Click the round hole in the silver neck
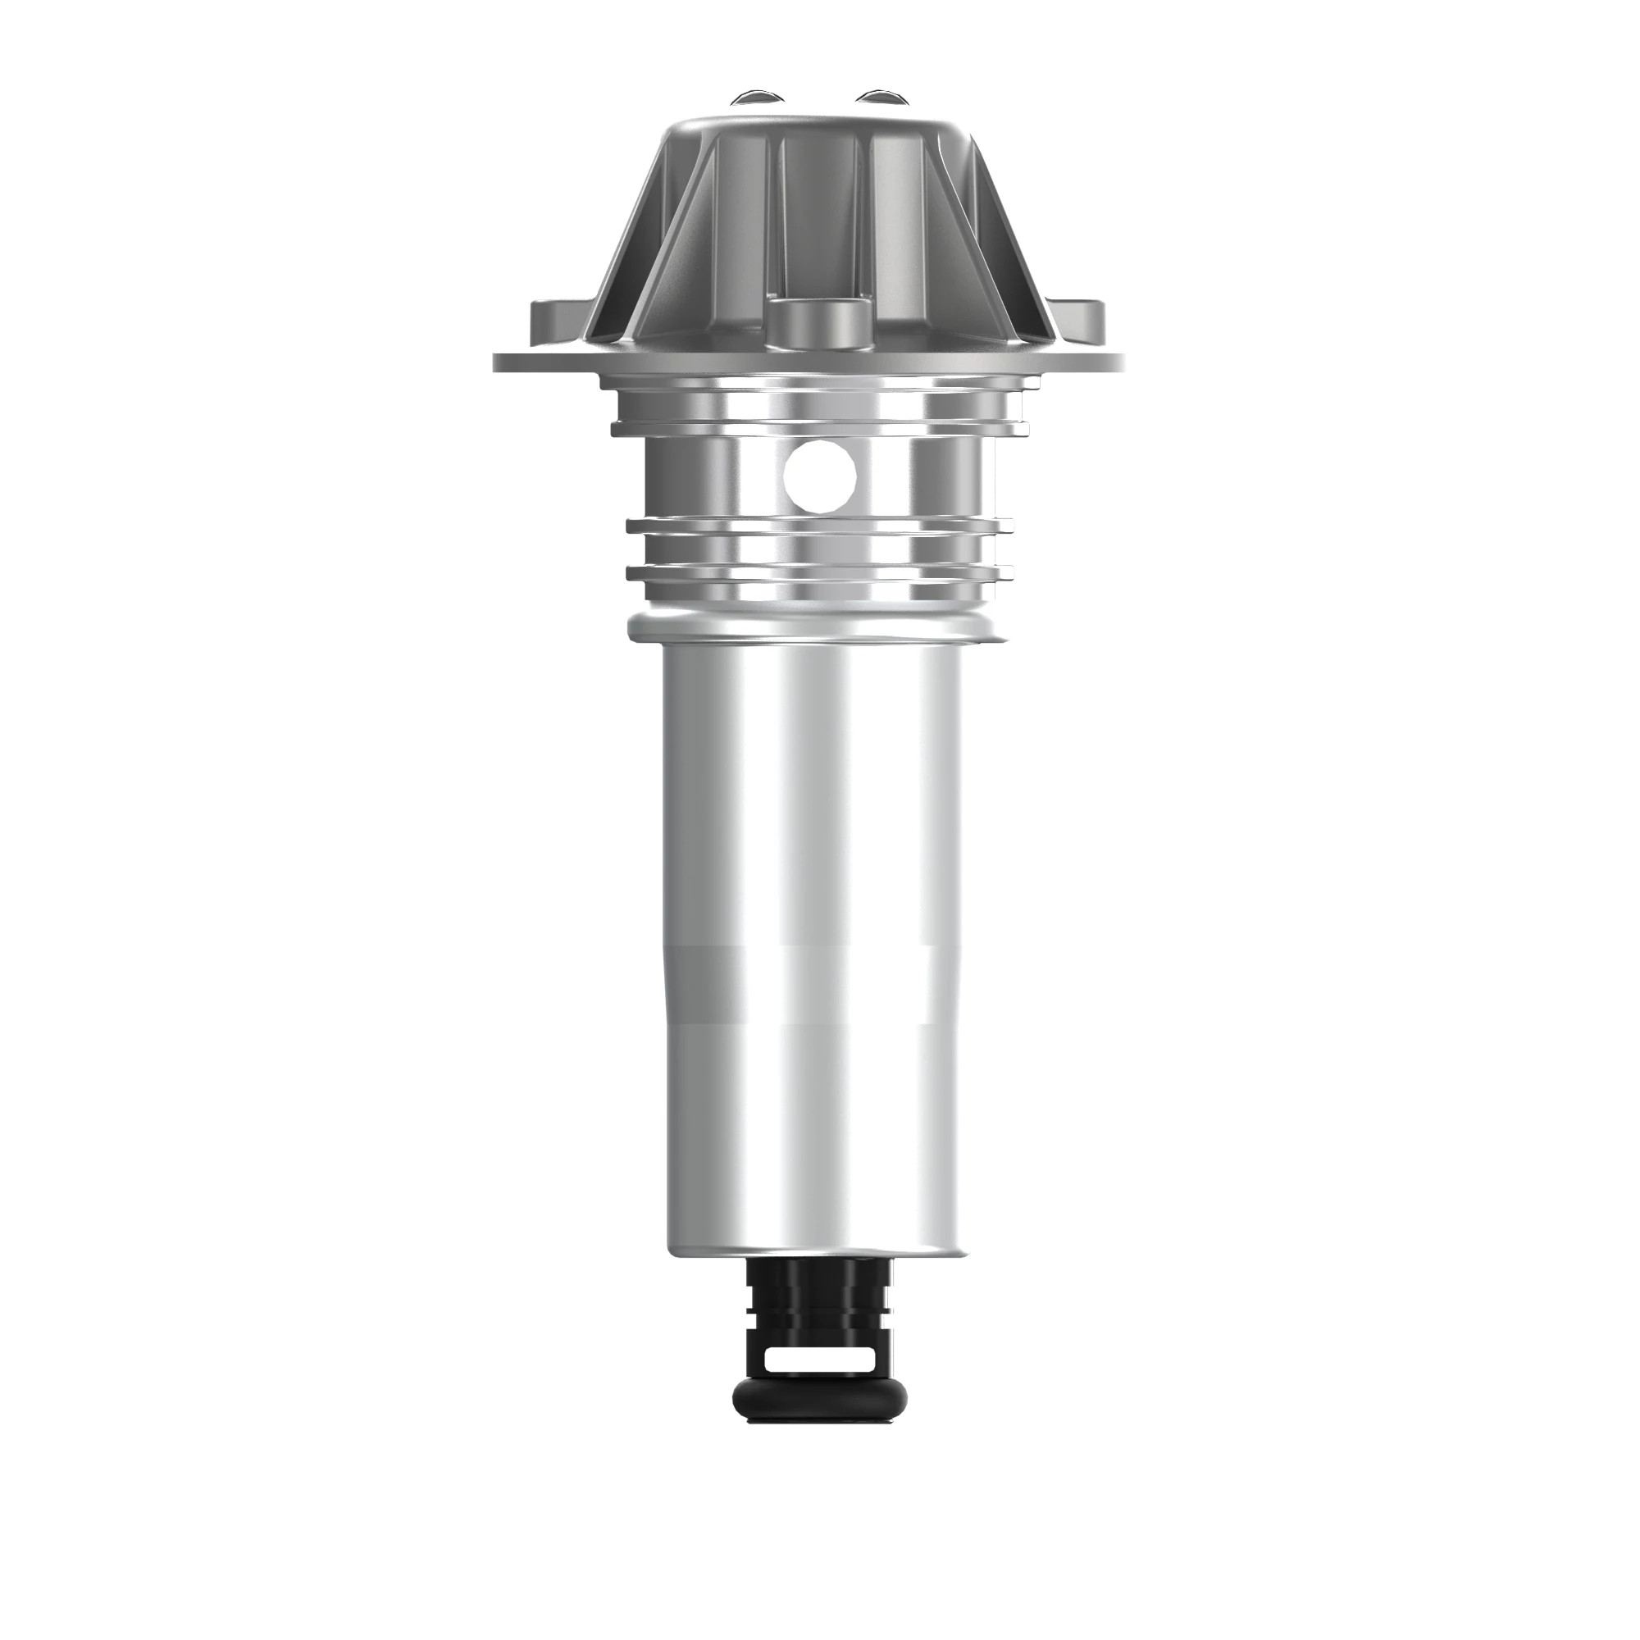point(819,476)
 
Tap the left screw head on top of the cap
point(758,96)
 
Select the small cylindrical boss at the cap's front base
point(820,322)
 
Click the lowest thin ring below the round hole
point(819,573)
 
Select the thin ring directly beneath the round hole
point(819,526)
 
